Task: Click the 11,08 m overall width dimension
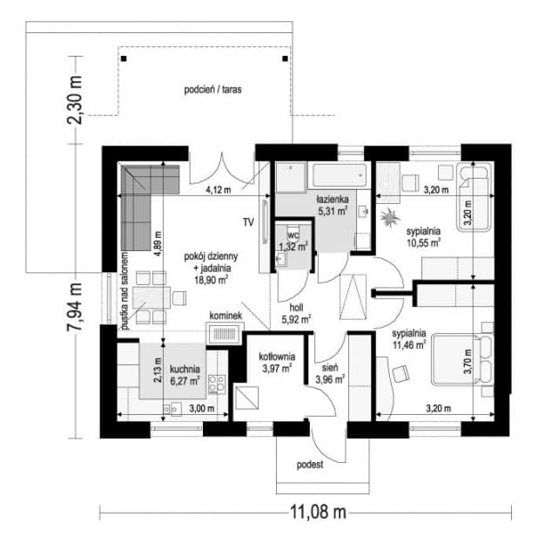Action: click(318, 512)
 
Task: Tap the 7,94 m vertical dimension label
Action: click(75, 306)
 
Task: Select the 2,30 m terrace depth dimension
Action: click(75, 100)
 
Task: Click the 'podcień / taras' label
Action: click(212, 90)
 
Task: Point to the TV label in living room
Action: click(248, 222)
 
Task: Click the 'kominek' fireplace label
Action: click(226, 316)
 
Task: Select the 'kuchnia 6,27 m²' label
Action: click(185, 375)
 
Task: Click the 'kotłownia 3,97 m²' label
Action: click(277, 363)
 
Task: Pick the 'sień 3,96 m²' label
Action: click(330, 374)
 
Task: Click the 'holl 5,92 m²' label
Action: click(296, 314)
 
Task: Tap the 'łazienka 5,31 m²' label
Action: click(333, 205)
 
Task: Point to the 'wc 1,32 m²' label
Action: click(293, 241)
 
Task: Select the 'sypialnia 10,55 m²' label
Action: click(423, 237)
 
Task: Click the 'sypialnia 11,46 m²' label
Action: click(409, 339)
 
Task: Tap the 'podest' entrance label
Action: click(310, 465)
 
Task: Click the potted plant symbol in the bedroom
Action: click(390, 218)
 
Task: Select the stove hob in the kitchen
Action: click(217, 384)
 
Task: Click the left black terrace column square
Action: click(124, 58)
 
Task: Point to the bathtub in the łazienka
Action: click(340, 175)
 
